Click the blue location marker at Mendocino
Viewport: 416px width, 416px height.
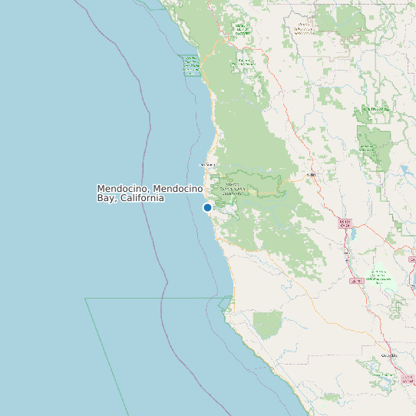[207, 207]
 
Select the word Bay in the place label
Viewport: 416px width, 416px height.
[107, 198]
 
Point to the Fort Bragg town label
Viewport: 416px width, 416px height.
[206, 164]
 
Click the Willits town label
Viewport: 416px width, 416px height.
[311, 175]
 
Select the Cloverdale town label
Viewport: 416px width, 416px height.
[389, 356]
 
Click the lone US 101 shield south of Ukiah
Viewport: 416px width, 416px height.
[356, 281]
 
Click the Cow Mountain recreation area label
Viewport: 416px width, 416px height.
[379, 276]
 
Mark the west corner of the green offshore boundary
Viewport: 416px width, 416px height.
[85, 299]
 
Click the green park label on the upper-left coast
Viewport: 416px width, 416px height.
[191, 65]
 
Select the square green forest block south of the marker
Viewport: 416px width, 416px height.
[268, 325]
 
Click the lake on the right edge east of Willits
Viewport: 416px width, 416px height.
[404, 170]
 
